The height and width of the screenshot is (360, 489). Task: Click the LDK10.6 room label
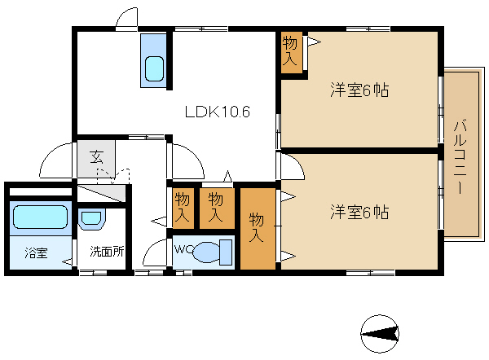218,112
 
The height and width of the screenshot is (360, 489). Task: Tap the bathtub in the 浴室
40,217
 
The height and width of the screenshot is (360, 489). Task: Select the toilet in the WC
213,252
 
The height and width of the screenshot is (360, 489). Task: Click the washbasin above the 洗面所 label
91,219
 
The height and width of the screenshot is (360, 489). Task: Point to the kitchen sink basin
154,68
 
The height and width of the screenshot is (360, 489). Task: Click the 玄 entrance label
96,156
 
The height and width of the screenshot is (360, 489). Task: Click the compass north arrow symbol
380,334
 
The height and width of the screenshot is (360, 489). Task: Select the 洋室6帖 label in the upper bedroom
359,90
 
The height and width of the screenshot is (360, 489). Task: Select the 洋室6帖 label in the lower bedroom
359,212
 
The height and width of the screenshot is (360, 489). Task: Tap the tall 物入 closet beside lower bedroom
258,229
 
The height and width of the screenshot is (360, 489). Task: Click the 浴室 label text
37,252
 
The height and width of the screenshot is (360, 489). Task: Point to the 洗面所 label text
107,251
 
